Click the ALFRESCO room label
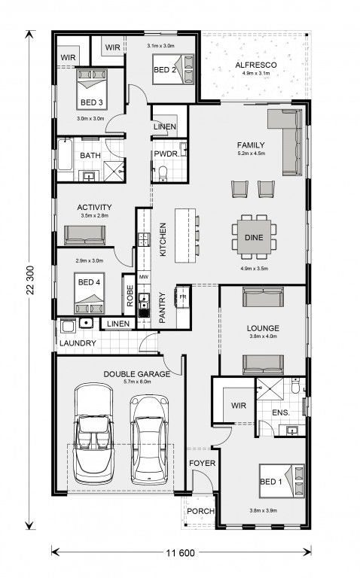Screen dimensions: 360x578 [x=255, y=65]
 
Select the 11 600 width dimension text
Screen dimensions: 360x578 [x=180, y=552]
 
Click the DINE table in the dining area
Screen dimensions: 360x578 [x=254, y=237]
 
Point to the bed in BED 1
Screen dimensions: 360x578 [x=282, y=481]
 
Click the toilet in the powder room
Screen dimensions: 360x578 [x=162, y=173]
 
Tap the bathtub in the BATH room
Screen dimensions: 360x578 [x=65, y=154]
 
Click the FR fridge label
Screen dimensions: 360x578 [x=182, y=297]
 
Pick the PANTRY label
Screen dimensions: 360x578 [x=162, y=308]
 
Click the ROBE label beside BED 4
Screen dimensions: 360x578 [x=130, y=296]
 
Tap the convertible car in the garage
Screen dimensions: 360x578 [x=93, y=433]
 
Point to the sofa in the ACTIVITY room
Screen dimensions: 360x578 [x=85, y=235]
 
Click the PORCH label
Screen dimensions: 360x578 [x=200, y=511]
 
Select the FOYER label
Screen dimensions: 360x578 [x=202, y=463]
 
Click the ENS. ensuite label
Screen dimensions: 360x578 [x=281, y=412]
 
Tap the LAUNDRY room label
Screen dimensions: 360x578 [x=78, y=343]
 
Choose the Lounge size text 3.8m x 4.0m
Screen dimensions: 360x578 [x=263, y=336]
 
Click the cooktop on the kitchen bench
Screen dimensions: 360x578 [x=144, y=239]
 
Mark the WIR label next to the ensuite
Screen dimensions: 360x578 [x=238, y=406]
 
